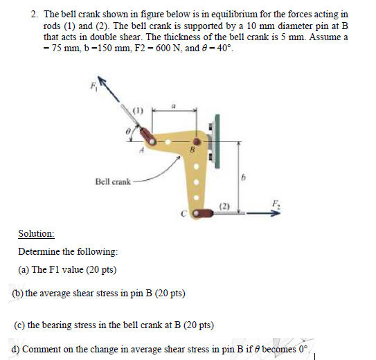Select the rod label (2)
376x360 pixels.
pos(224,206)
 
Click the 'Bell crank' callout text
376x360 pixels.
pos(113,181)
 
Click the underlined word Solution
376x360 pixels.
pos(36,235)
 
